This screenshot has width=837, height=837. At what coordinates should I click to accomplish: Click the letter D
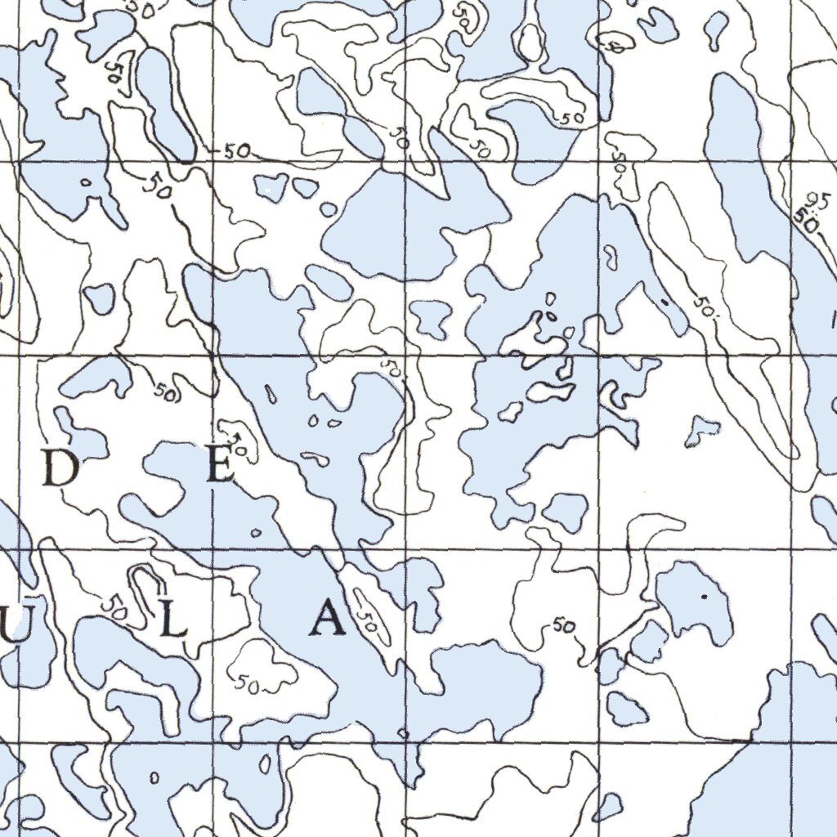click(60, 469)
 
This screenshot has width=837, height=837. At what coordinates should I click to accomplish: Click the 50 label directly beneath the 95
click(807, 221)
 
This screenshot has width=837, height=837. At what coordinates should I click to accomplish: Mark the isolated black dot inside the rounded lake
click(705, 597)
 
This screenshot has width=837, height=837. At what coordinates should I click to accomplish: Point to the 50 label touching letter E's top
click(238, 445)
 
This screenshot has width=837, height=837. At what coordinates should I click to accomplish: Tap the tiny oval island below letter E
click(256, 533)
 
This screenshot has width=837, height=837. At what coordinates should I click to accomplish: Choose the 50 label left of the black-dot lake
click(563, 626)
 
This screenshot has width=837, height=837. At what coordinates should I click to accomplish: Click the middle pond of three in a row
click(305, 188)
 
